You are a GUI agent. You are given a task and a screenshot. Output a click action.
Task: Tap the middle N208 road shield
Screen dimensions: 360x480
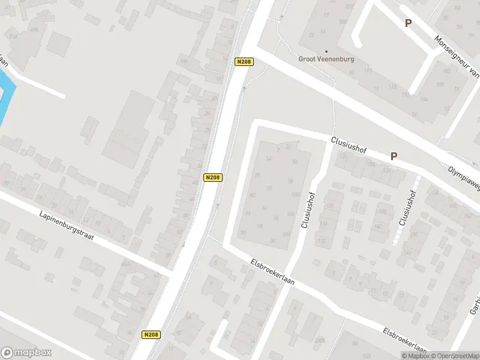213,178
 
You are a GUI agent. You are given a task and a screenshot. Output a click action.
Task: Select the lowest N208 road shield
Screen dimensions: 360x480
151,335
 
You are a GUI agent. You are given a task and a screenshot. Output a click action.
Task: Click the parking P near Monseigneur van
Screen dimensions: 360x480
408,23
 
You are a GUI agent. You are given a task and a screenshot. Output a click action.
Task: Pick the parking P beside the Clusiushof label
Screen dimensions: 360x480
394,156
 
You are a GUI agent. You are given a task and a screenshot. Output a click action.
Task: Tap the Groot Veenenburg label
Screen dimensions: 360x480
326,59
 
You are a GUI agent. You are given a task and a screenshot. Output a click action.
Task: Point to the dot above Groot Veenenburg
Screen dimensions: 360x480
326,52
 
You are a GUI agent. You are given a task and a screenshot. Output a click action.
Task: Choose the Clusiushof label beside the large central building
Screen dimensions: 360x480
310,209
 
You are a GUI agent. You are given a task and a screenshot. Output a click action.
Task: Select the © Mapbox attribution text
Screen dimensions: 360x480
416,356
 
